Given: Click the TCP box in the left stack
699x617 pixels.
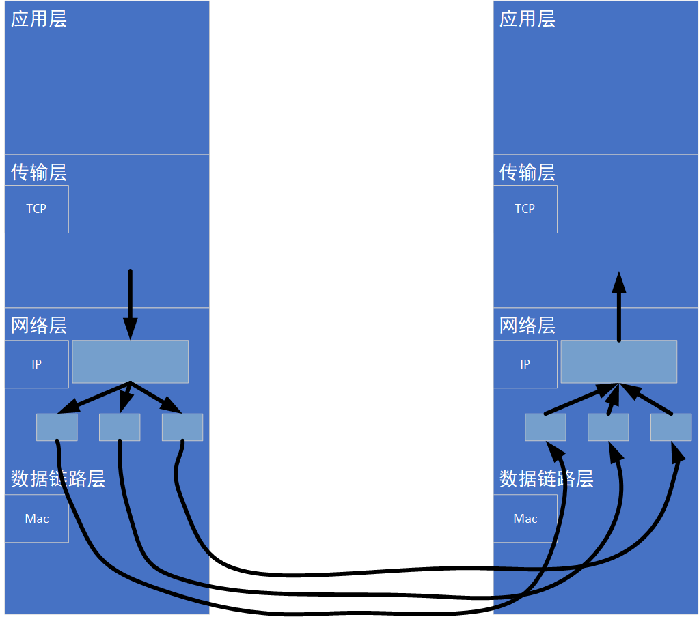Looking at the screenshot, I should (x=37, y=209).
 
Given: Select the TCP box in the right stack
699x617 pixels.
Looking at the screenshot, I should (x=525, y=209).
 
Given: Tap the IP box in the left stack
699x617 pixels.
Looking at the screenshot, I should (x=37, y=364).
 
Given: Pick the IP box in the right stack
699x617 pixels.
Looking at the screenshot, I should (x=525, y=364).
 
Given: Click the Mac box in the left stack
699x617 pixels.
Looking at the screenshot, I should (x=37, y=519).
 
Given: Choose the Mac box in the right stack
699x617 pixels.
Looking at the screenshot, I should (x=525, y=519).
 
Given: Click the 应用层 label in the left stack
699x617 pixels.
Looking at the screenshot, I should (x=39, y=19).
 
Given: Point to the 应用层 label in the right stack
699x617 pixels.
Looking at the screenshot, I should (x=527, y=19).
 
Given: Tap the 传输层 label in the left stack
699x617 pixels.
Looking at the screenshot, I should (x=39, y=172).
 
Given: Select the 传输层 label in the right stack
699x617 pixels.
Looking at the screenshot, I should (x=527, y=172).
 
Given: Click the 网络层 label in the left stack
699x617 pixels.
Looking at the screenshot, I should (x=39, y=326).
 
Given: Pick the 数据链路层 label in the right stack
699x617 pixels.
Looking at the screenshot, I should (x=546, y=479).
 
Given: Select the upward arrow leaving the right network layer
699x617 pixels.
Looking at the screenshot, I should (x=619, y=307).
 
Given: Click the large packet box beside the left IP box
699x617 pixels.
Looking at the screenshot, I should (x=130, y=362).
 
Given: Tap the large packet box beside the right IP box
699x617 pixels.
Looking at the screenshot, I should (x=619, y=362).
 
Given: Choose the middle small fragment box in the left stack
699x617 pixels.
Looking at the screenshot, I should (x=120, y=427).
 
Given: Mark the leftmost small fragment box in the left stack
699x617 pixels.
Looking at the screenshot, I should (x=57, y=427).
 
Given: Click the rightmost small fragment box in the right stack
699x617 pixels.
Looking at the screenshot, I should (x=671, y=427).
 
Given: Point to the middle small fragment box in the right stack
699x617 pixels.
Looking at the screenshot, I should (x=608, y=427).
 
